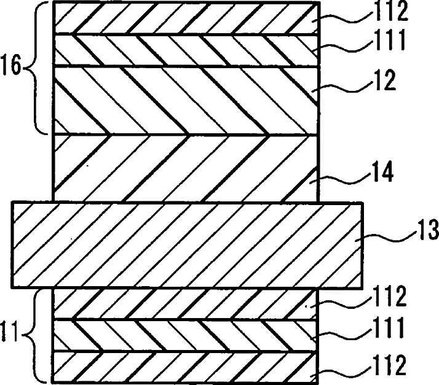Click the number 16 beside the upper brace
11,66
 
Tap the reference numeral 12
385,80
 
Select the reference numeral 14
382,171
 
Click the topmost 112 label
392,11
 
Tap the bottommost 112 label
390,365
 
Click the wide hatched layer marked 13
187,245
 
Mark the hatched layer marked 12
185,101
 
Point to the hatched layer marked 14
185,168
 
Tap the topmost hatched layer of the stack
186,18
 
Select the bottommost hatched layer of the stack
185,367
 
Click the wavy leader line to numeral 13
386,238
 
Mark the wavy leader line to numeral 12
342,87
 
